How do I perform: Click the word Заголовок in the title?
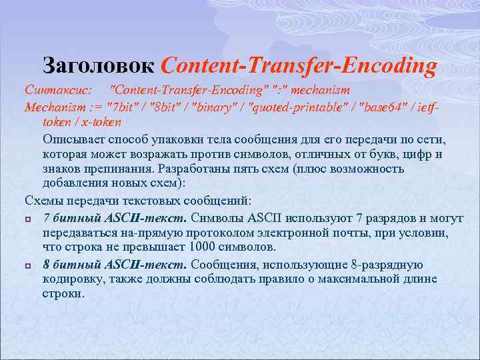pos(99,65)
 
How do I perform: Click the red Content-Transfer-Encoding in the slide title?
pos(299,65)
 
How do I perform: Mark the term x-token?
pos(102,123)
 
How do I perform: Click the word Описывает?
pos(73,139)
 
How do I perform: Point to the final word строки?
pos(63,294)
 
